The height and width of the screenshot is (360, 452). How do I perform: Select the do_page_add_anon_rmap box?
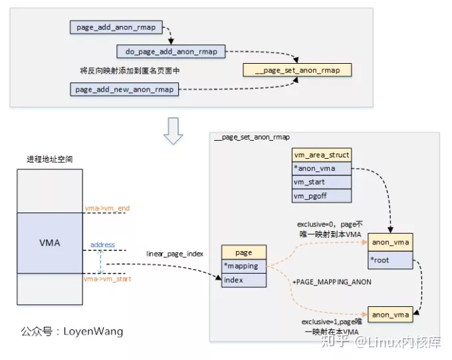171,51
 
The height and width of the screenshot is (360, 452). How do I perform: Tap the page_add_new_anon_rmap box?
124,89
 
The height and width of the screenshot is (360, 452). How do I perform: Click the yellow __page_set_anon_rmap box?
296,70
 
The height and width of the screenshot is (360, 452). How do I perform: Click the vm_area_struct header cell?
322,155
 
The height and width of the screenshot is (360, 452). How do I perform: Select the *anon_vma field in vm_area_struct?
322,168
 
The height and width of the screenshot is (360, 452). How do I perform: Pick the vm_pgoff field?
322,195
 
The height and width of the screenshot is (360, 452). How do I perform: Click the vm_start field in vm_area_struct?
322,182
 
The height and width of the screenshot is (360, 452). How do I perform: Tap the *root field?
390,260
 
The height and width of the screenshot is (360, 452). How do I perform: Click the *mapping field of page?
243,266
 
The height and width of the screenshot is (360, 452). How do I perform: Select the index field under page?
243,280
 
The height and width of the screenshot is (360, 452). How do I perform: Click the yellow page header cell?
243,252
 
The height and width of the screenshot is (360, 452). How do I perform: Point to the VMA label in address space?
50,242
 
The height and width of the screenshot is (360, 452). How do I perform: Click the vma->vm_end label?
106,209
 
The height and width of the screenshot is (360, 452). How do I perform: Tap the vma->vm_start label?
107,280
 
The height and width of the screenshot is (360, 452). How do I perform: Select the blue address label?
102,245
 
